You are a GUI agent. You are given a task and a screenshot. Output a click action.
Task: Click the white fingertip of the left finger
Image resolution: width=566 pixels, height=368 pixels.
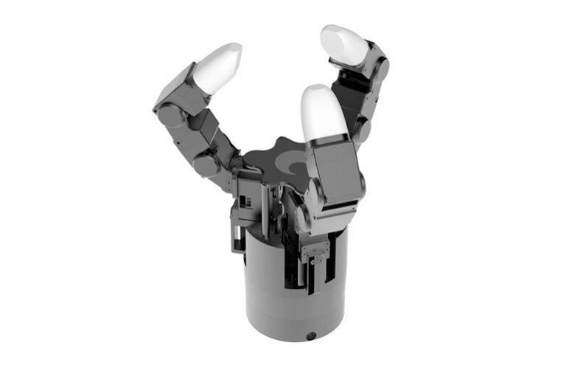[218, 67]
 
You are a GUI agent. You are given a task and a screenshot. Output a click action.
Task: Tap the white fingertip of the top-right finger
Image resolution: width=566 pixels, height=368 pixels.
[343, 44]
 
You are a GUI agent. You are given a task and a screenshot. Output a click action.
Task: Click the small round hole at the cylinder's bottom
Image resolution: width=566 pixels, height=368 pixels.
[311, 336]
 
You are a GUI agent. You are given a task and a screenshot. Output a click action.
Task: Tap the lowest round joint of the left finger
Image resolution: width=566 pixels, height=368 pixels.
[209, 164]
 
